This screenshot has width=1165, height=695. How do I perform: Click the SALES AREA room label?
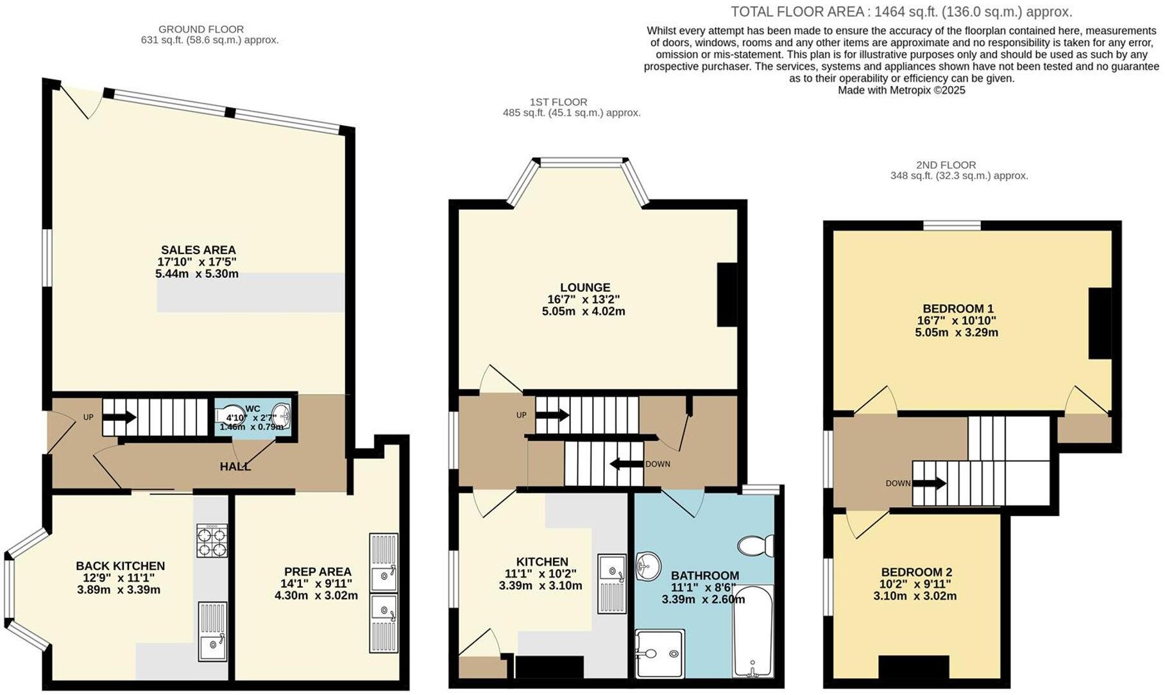(x=198, y=250)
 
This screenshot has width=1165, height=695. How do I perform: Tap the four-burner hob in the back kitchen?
(x=211, y=542)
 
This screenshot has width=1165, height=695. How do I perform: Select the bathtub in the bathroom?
(x=753, y=631)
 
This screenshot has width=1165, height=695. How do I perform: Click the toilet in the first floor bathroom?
(x=755, y=546)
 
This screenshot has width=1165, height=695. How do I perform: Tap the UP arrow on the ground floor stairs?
(x=119, y=417)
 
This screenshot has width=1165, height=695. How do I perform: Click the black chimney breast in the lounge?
(x=727, y=295)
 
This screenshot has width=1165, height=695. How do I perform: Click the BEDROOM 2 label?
(x=916, y=572)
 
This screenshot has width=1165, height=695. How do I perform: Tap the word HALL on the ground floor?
(x=235, y=467)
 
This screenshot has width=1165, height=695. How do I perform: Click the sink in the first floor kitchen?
(x=611, y=583)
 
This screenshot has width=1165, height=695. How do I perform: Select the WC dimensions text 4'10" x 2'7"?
(x=251, y=418)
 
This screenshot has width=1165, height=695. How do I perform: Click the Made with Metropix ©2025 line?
(x=901, y=90)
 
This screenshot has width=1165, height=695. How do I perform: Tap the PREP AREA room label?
(x=318, y=572)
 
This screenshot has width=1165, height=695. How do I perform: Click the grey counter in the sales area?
(x=250, y=293)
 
